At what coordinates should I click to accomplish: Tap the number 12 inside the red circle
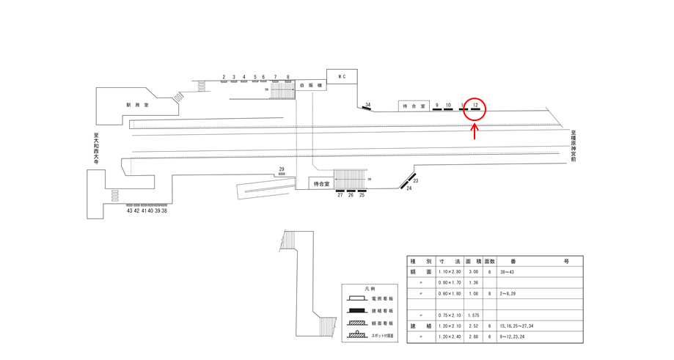click(x=475, y=106)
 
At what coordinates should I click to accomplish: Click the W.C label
click(x=341, y=76)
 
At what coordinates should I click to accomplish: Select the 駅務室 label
click(x=137, y=105)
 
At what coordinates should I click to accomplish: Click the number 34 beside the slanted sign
click(x=368, y=105)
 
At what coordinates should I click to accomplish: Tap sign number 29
click(x=282, y=169)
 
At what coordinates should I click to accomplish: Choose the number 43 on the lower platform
click(x=130, y=211)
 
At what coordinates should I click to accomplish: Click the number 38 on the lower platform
click(x=164, y=211)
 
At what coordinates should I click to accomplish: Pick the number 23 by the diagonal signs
click(x=416, y=180)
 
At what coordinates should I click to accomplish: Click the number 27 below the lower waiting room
click(x=340, y=196)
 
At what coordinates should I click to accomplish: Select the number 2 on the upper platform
click(x=223, y=76)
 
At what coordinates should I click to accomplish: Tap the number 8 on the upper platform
click(x=287, y=76)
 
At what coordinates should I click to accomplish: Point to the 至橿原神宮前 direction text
click(x=574, y=146)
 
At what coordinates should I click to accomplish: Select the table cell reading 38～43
click(x=508, y=271)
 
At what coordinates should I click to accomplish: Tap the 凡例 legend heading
click(x=369, y=289)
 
